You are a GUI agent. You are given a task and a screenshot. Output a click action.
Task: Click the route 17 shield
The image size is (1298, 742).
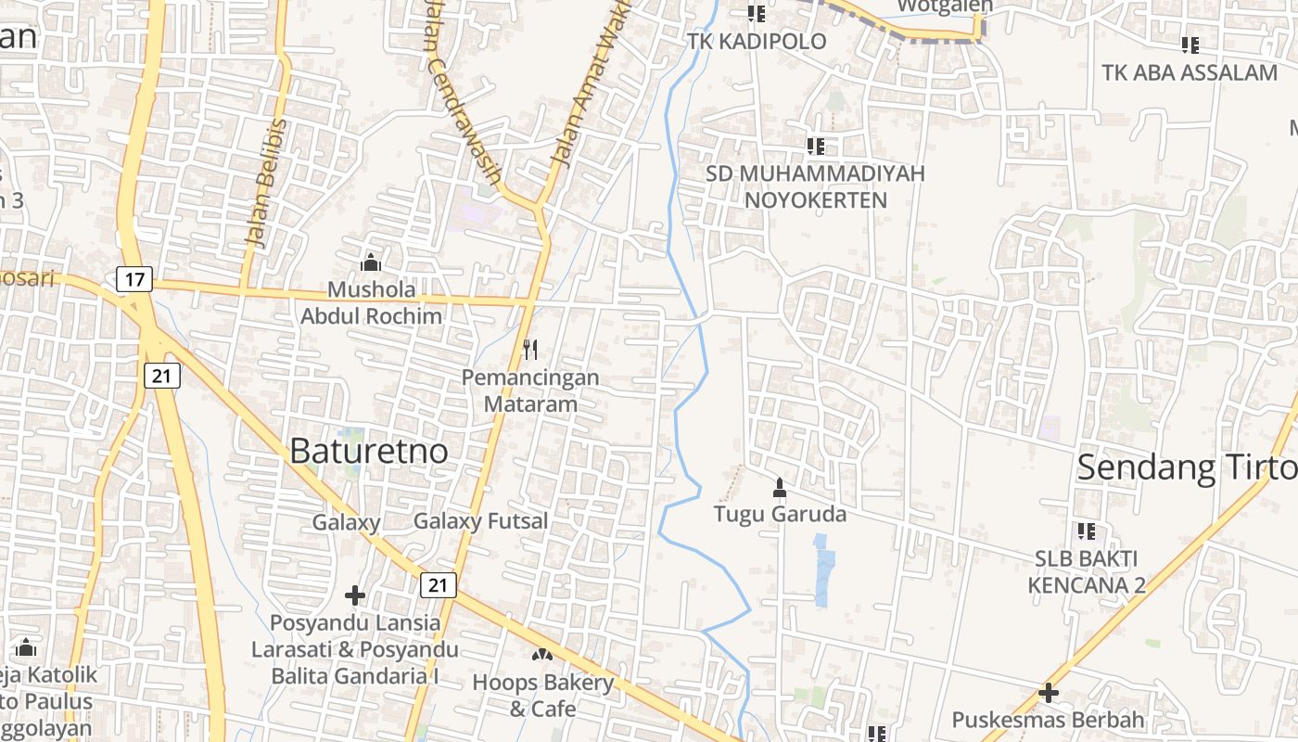point(134,278)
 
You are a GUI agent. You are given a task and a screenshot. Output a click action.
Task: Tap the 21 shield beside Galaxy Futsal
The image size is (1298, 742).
point(438,584)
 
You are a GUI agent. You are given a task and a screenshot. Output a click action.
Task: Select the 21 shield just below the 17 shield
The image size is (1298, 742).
point(162,375)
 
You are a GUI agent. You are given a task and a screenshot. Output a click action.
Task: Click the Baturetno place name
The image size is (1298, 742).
point(369,452)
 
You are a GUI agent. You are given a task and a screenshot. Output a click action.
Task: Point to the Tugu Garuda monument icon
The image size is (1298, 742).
point(780,487)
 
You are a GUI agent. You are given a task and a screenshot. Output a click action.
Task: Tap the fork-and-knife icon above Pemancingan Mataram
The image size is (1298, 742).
point(530,350)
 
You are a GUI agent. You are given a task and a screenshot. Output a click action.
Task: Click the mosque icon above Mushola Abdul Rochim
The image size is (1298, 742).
point(371,262)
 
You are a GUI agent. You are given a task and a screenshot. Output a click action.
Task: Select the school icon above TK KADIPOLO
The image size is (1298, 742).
point(757,14)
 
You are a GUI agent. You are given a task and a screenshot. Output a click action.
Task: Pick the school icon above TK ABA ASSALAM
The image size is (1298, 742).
point(1190,45)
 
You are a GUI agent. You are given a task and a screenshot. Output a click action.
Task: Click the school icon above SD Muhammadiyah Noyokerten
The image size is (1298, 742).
point(816,146)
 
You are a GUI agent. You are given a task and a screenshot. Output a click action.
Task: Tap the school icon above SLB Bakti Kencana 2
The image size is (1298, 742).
point(1087,531)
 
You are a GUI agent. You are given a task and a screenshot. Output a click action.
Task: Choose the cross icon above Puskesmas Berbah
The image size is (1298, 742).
point(1049,693)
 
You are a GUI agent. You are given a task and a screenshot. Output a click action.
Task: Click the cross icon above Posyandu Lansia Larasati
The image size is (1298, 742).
point(355,595)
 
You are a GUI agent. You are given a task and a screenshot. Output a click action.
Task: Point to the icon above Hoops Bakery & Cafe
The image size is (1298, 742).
point(541,654)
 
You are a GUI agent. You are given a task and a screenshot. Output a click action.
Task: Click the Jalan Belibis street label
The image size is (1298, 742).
point(266,184)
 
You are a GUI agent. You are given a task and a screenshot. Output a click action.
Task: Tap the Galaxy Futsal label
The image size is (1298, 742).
point(480,521)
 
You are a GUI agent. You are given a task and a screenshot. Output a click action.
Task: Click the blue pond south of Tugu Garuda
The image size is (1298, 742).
point(823,568)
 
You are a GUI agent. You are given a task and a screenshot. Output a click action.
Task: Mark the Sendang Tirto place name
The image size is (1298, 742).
point(1187,468)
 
